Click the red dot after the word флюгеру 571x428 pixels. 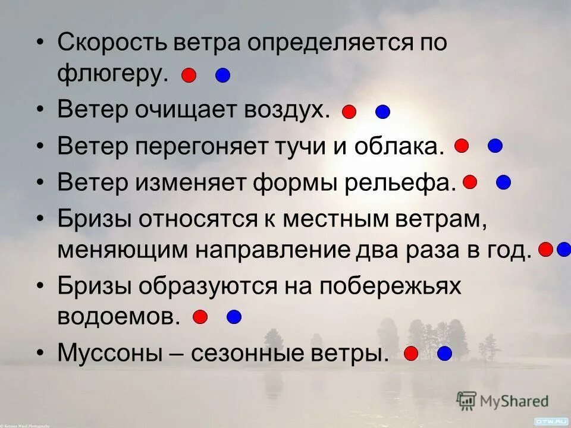coord(189,75)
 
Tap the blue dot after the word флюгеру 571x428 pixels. coord(222,75)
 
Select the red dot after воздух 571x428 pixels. coord(349,111)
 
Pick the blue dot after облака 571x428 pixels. coord(495,145)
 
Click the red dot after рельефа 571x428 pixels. coord(470,182)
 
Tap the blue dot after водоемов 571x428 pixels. coord(234,317)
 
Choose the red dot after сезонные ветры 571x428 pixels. coord(411,354)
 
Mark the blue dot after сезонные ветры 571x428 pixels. coord(444,354)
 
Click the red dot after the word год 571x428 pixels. coord(545,249)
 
